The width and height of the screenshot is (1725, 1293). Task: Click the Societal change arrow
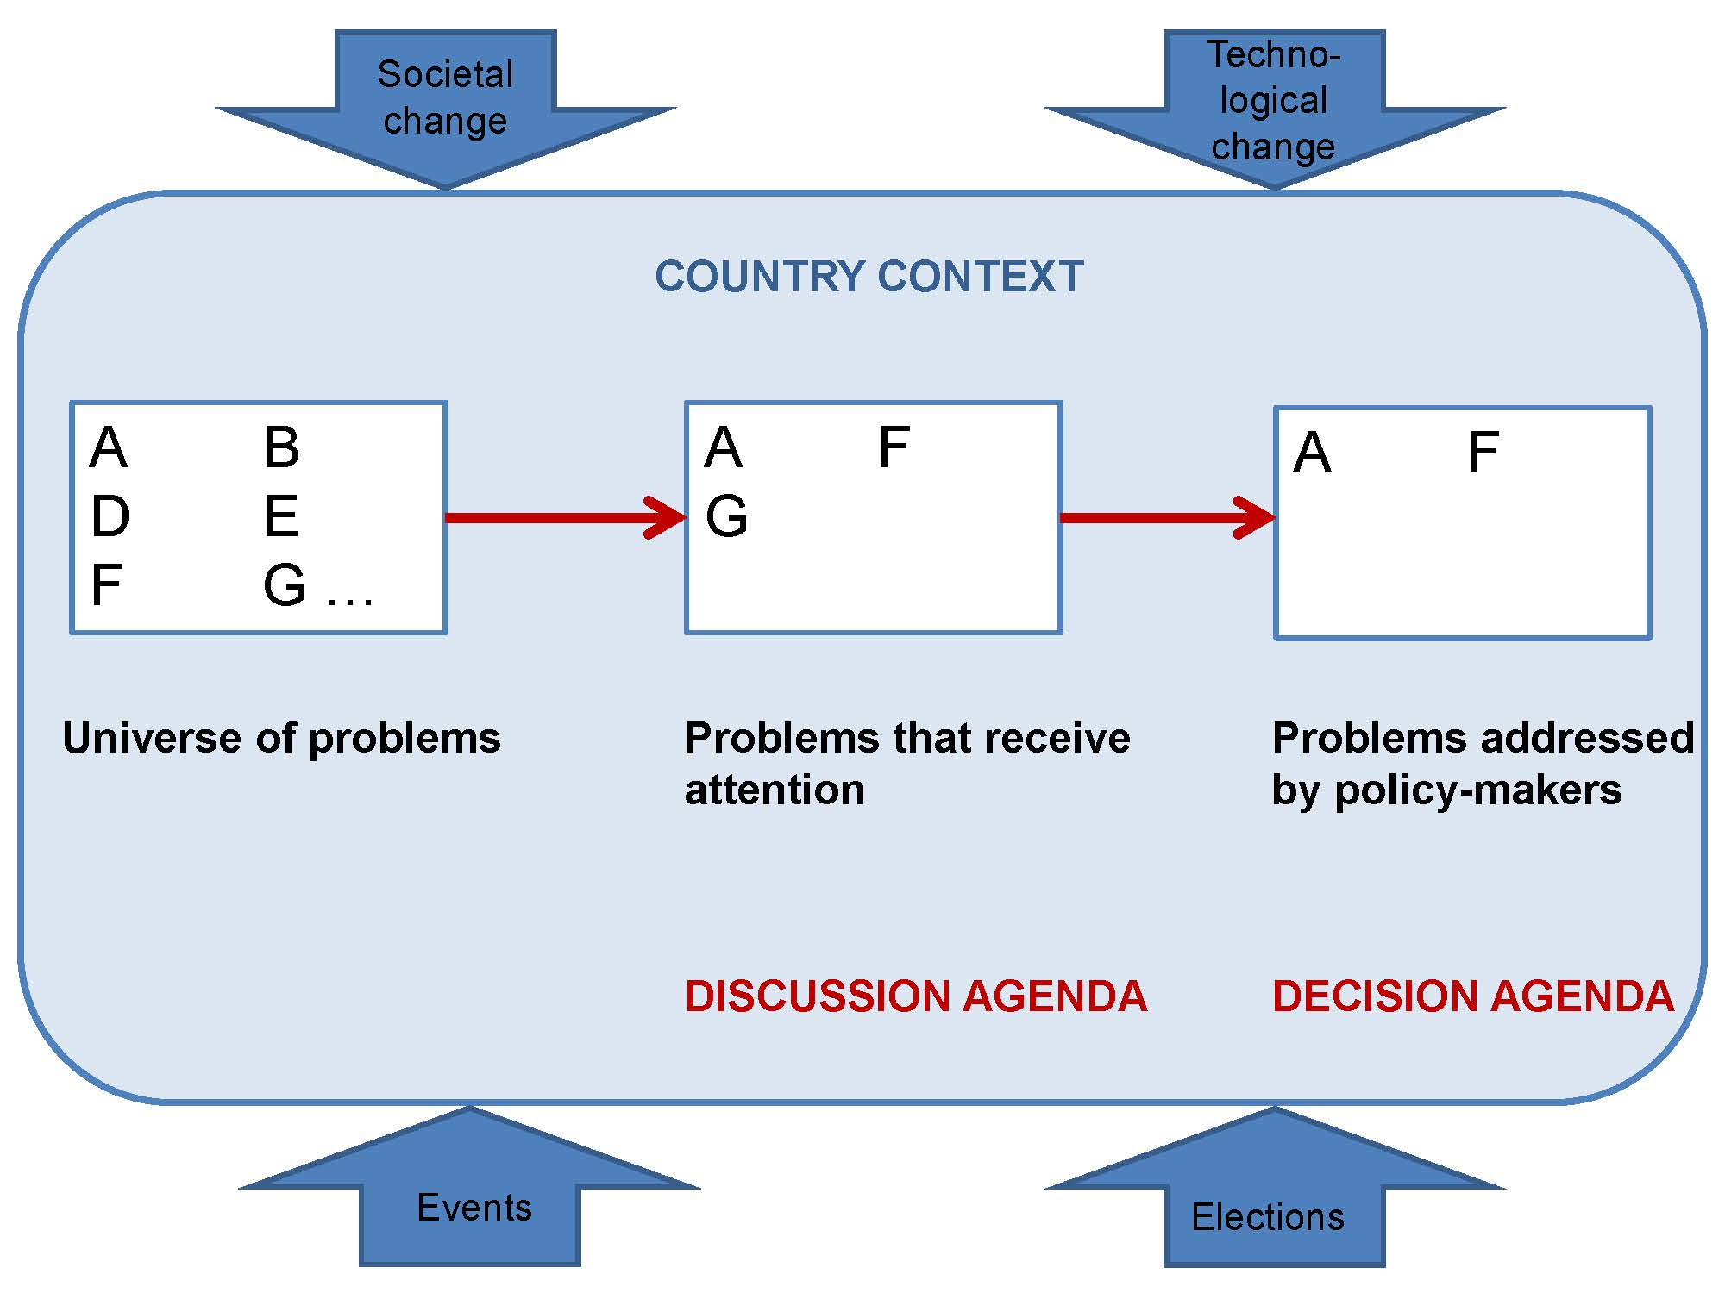(x=445, y=103)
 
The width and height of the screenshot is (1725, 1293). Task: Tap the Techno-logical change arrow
(x=1274, y=103)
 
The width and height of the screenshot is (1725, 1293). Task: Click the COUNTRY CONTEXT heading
(x=869, y=277)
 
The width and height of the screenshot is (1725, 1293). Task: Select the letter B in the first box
(x=281, y=448)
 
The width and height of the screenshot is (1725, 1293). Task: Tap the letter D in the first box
(x=110, y=517)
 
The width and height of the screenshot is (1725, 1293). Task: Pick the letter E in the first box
(x=281, y=517)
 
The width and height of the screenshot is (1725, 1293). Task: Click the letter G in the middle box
(x=726, y=517)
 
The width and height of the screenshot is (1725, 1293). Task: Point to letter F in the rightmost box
(x=1483, y=453)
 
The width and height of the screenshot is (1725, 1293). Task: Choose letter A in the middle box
(x=723, y=448)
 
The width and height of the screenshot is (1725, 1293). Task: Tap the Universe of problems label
(x=281, y=739)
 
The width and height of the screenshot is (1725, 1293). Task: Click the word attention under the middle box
(x=775, y=790)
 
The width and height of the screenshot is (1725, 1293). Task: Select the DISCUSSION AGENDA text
(x=915, y=996)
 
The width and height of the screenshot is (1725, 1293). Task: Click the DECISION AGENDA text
(x=1472, y=996)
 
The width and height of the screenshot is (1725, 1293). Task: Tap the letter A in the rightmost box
(x=1312, y=453)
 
